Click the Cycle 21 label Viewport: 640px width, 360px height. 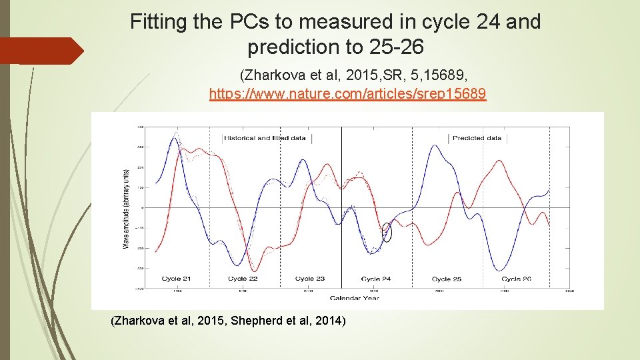point(177,279)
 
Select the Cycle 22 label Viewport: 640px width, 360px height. point(243,279)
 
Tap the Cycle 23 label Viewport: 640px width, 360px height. point(309,279)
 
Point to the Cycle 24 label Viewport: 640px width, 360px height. point(376,279)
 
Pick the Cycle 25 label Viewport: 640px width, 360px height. point(447,279)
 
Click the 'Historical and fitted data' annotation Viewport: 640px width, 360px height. point(265,138)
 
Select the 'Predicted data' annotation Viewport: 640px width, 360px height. point(477,138)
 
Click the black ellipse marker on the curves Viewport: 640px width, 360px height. point(387,231)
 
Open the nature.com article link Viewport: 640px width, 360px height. point(347,94)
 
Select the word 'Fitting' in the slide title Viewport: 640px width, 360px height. point(158,23)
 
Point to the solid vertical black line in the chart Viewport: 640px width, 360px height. point(341,200)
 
